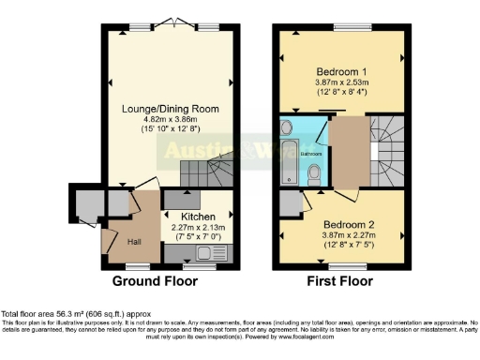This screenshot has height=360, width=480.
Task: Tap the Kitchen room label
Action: pyautogui.click(x=195, y=215)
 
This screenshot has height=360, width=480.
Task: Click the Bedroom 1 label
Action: pyautogui.click(x=341, y=71)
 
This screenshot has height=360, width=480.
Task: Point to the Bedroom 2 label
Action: pyautogui.click(x=349, y=225)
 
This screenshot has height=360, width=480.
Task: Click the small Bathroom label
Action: pyautogui.click(x=311, y=153)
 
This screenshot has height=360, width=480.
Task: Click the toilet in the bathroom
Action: pyautogui.click(x=316, y=172)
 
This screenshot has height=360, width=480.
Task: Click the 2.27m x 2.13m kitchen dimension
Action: pyautogui.click(x=195, y=226)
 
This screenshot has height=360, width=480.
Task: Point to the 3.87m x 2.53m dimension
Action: pyautogui.click(x=342, y=82)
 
